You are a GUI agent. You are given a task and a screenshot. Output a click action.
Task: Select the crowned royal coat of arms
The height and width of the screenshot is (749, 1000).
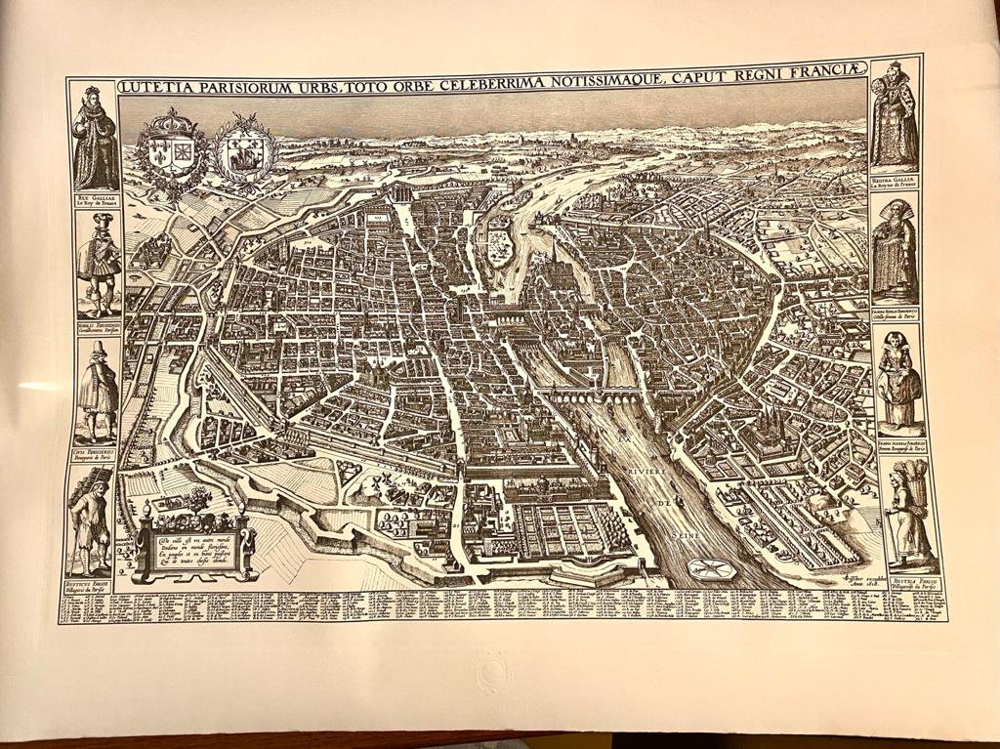tap(171, 151)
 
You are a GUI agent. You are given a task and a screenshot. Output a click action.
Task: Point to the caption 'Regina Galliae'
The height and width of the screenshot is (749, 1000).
tap(895, 184)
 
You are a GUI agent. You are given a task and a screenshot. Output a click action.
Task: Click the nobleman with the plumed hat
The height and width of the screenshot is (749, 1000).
tap(98, 262)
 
